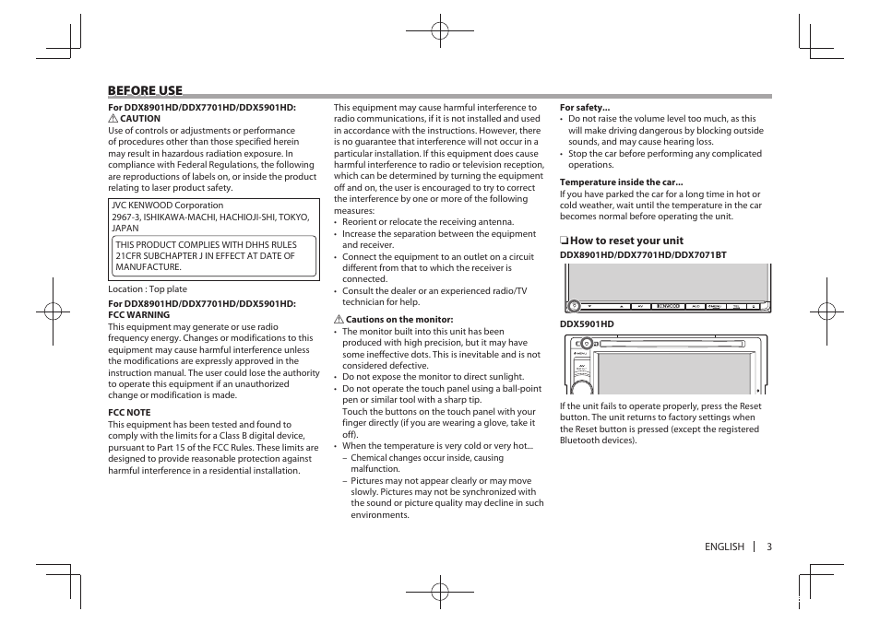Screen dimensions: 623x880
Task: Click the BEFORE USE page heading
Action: point(145,90)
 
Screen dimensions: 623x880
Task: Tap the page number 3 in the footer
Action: point(768,547)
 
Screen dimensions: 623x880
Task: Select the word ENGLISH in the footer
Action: point(724,547)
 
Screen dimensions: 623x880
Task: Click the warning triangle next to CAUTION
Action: point(113,119)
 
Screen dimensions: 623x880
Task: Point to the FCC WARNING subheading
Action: point(139,315)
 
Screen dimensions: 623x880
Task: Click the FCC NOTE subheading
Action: point(129,413)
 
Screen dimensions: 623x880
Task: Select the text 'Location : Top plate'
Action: point(148,289)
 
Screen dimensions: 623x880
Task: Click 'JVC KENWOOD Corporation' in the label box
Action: point(167,206)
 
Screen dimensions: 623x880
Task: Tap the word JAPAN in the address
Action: point(125,228)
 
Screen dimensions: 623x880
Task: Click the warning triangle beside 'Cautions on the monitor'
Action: point(339,320)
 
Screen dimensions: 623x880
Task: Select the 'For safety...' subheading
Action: point(585,108)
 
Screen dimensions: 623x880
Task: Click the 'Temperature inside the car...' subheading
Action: point(621,182)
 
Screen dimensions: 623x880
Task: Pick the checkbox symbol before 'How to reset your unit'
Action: point(564,241)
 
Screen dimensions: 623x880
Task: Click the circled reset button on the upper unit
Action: point(574,305)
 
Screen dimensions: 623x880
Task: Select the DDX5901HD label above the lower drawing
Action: point(587,324)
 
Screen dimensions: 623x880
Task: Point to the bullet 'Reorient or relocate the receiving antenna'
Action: point(428,222)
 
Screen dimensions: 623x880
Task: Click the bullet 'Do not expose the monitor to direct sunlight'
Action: point(433,377)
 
